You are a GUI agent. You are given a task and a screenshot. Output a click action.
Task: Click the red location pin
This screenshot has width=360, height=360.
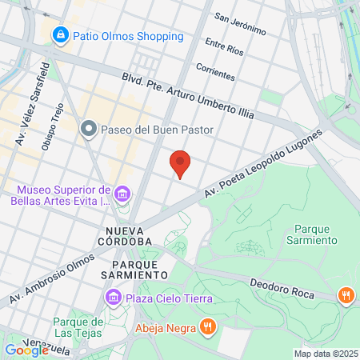coord(181,163)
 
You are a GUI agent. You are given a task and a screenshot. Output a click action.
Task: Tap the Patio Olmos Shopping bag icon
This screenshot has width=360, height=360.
coord(59,35)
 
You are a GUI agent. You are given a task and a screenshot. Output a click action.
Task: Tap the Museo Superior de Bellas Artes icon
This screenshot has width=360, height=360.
coord(122,194)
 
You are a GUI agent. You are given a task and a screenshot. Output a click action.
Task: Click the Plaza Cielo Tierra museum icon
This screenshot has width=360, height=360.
coord(113,298)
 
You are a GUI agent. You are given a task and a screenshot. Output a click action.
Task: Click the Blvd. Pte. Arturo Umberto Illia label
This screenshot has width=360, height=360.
coord(187,95)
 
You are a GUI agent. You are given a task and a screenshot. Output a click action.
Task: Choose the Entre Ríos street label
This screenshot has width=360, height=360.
coord(223,46)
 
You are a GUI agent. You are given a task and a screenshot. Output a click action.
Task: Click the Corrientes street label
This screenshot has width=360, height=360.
coord(215,71)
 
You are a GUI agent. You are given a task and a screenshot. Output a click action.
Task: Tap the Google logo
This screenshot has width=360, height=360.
coord(26,350)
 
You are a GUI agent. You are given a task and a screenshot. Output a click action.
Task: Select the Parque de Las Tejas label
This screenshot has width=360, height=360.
coord(75,327)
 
